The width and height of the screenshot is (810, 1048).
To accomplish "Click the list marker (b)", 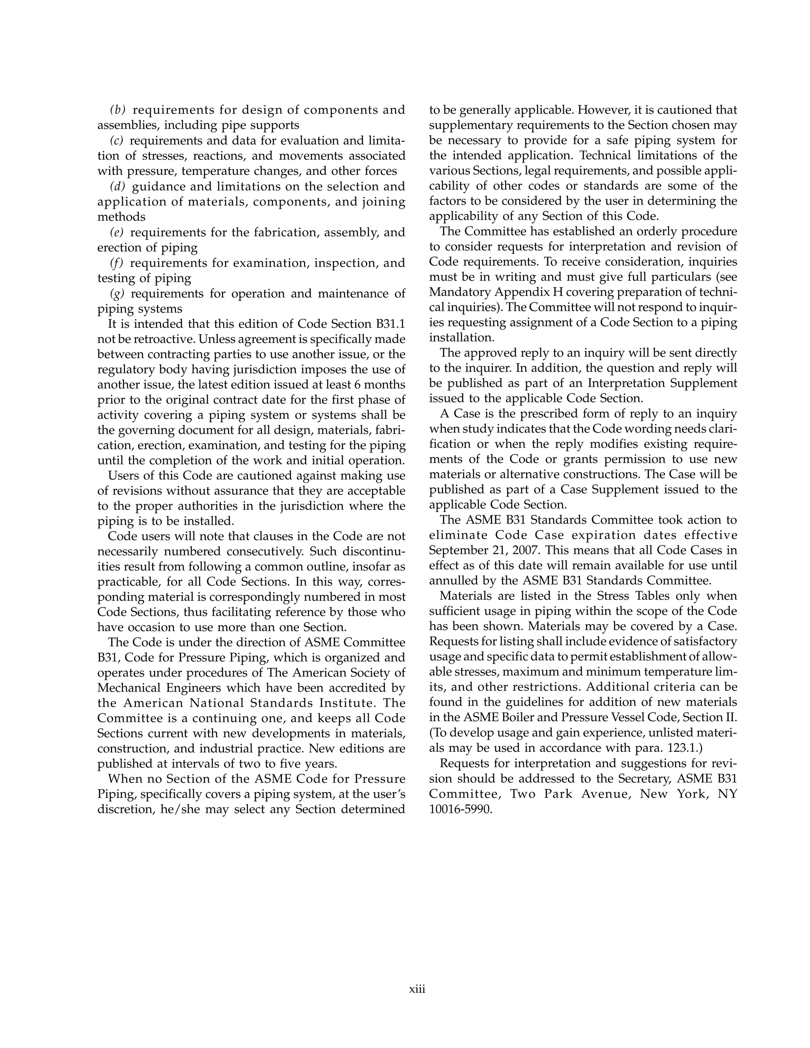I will pos(117,110).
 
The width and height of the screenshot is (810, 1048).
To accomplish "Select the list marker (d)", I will pos(117,186).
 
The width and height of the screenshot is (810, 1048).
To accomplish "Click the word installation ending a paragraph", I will pos(461,337).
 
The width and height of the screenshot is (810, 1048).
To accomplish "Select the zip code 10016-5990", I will pos(461,809).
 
